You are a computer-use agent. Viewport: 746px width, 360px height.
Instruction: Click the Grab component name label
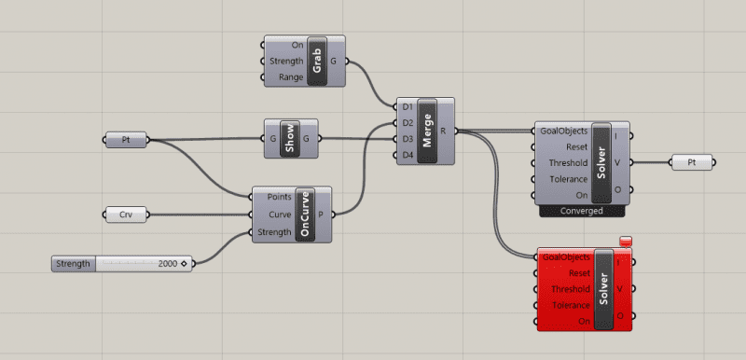[318, 62]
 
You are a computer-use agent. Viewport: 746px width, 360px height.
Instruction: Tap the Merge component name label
[429, 131]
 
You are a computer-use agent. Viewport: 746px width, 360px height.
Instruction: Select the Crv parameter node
[125, 215]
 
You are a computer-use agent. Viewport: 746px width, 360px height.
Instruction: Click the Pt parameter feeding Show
[125, 140]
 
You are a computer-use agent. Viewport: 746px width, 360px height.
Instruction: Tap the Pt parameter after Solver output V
[691, 162]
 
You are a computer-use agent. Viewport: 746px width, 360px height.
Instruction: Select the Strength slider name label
[73, 264]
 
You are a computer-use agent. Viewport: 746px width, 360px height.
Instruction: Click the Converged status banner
[584, 211]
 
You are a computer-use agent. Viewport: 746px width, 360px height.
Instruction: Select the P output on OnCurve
[322, 215]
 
